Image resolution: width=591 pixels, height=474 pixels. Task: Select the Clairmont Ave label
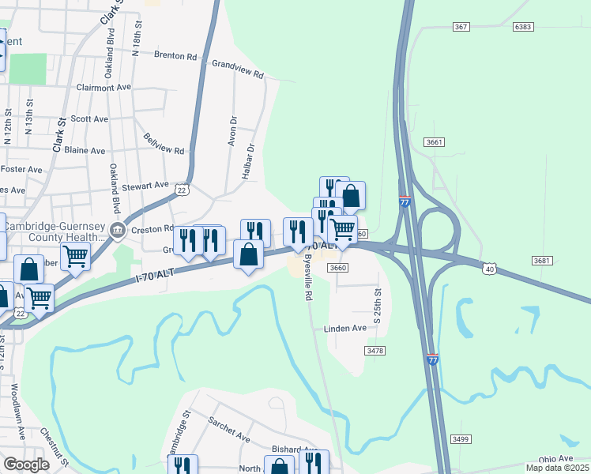coord(104,88)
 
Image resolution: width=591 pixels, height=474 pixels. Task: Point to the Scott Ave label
coord(89,118)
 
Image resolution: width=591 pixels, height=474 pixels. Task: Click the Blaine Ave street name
coord(85,150)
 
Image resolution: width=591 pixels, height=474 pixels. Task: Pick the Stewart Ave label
coord(145,186)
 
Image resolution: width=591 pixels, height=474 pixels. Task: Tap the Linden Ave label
coord(345,328)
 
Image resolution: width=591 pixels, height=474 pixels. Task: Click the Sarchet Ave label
coord(229,431)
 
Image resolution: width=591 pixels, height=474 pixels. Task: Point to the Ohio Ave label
coord(555,459)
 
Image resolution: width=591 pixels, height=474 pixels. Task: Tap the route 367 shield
coord(461,27)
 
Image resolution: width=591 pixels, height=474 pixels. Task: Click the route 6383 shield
coord(522,27)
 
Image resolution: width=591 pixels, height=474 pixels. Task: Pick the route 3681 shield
coord(541,261)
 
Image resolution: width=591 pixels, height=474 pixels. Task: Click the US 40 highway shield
coord(490,269)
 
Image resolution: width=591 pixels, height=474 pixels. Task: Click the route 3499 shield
coord(461,438)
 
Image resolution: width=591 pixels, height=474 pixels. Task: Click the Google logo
coord(26,465)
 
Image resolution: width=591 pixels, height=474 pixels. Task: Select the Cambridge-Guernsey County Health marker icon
coord(118,231)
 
